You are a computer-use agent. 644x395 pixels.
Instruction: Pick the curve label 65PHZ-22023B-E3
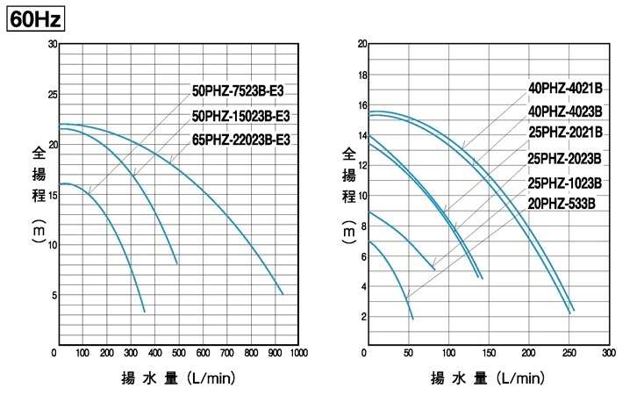pyautogui.click(x=244, y=140)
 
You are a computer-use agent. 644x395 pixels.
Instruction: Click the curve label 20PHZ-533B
pyautogui.click(x=562, y=204)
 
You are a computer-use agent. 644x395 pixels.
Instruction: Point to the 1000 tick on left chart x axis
pyautogui.click(x=299, y=354)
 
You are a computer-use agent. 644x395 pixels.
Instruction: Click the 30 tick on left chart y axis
pyautogui.click(x=52, y=44)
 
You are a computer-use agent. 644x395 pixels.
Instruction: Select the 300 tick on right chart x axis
pyautogui.click(x=608, y=354)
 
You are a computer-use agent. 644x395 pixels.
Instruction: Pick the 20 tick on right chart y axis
pyautogui.click(x=361, y=44)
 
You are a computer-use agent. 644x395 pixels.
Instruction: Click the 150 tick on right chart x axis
pyautogui.click(x=488, y=354)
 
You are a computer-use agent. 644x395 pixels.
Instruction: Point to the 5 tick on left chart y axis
pyautogui.click(x=54, y=295)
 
